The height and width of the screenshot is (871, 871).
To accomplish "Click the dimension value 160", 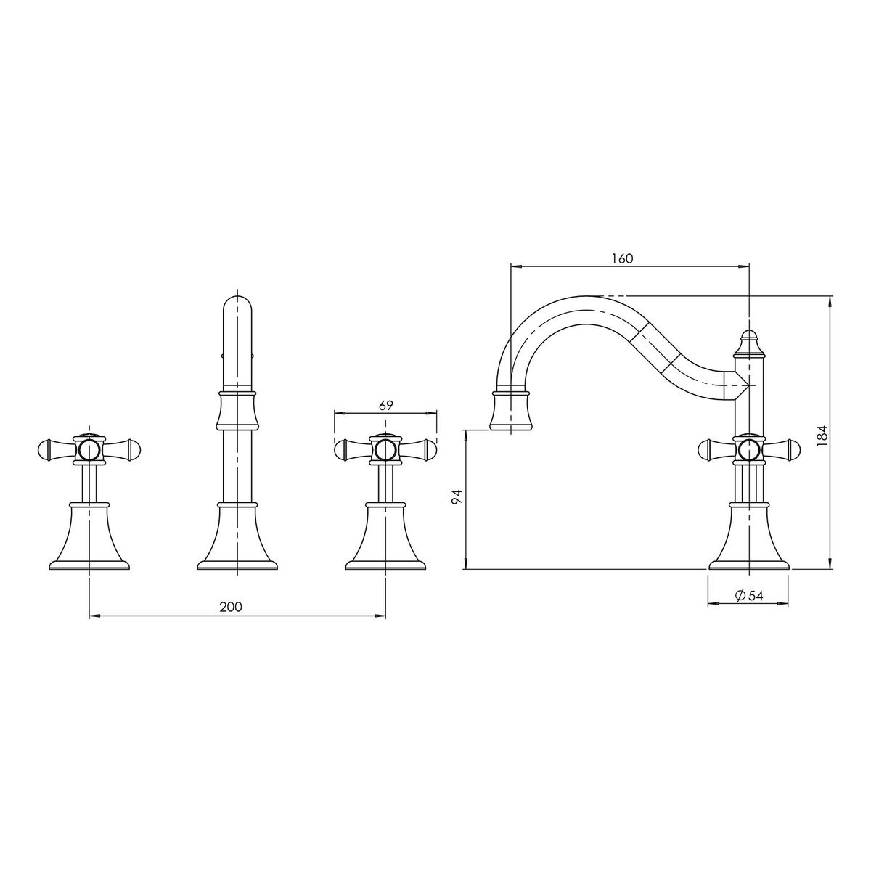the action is point(622,258).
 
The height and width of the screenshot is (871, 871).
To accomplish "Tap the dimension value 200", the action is point(231,607).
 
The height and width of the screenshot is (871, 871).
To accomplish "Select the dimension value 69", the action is point(385,406).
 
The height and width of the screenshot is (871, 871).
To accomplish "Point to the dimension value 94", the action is point(458,496).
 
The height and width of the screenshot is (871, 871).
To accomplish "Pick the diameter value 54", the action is point(756,596).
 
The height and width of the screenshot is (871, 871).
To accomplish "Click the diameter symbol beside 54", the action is point(740,596).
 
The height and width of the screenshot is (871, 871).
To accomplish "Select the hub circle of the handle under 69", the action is point(385,450).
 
